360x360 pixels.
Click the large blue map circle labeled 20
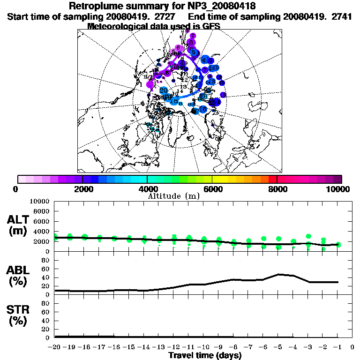tap(164, 90)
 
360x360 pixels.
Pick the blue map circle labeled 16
tap(202, 109)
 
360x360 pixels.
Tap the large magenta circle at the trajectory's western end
tap(150, 84)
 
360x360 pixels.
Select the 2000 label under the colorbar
tap(82, 189)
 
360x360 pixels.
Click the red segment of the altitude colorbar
tap(273, 179)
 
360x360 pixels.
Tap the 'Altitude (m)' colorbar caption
tap(174, 196)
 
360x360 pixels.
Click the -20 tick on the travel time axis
tap(55, 347)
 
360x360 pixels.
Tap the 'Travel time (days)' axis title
tap(205, 355)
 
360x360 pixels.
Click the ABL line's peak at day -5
tap(278, 274)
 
